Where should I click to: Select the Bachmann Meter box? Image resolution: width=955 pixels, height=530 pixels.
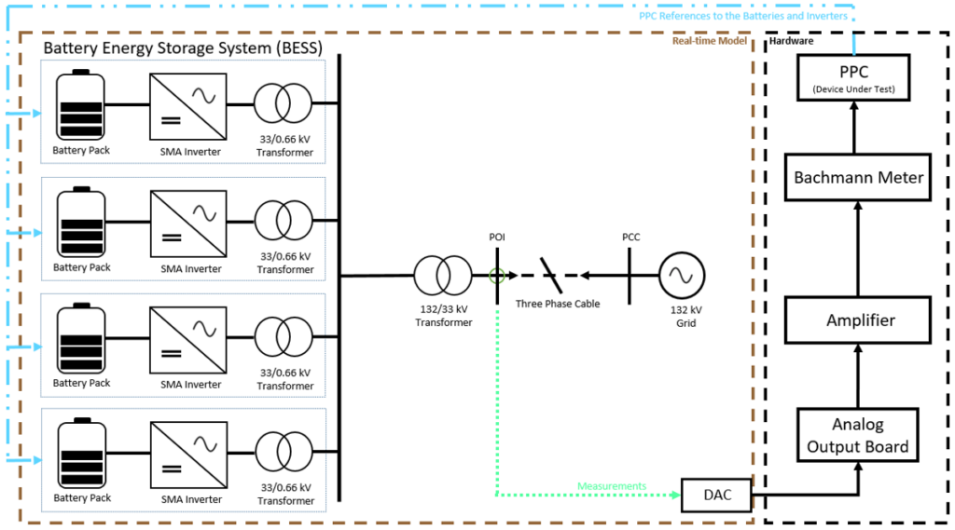(x=858, y=177)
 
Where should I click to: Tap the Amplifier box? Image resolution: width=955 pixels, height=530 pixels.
(x=860, y=319)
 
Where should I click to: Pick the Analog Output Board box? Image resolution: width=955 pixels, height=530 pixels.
(x=858, y=435)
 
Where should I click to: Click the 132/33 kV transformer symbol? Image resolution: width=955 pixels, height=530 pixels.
(x=444, y=276)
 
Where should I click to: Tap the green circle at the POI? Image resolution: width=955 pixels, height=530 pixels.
(x=496, y=276)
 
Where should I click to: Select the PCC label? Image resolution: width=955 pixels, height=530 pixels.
(x=631, y=238)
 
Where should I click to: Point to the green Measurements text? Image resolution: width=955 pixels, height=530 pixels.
(x=612, y=486)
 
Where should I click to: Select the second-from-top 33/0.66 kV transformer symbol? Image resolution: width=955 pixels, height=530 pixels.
(x=284, y=221)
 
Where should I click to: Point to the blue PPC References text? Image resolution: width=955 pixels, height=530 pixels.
(x=743, y=16)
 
